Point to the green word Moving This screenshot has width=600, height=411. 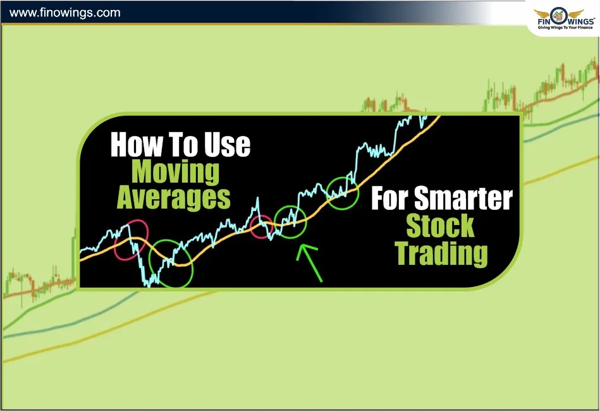point(175,171)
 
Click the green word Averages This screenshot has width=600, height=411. point(173,198)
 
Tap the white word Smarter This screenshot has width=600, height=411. point(463,200)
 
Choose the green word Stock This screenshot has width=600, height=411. point(440,226)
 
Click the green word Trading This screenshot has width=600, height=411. point(441,254)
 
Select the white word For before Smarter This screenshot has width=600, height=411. point(390,200)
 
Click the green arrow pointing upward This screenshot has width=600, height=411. point(310,262)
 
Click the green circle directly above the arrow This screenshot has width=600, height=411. point(291,222)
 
